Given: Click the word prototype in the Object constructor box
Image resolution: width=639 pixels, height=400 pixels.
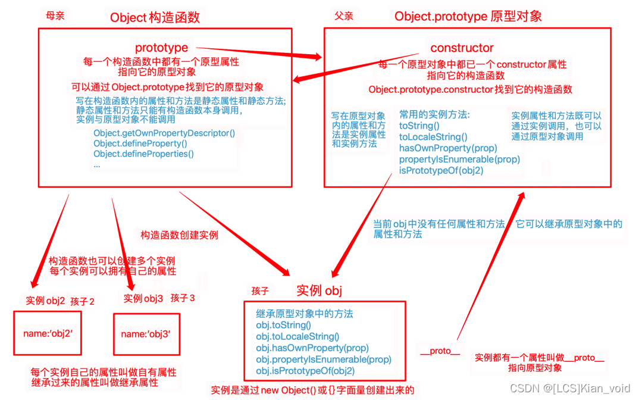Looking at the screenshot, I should [161, 48].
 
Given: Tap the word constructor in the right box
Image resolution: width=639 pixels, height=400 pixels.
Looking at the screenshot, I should [462, 48].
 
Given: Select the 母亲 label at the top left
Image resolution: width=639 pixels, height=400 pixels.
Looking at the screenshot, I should [55, 16].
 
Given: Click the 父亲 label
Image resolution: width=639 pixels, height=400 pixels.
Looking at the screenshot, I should [343, 16].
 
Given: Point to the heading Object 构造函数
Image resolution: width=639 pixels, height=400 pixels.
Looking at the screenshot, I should [155, 17].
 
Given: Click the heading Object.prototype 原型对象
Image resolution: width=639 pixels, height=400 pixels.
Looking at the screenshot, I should [468, 16].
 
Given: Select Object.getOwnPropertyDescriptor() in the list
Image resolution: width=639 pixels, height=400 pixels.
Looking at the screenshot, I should [164, 133].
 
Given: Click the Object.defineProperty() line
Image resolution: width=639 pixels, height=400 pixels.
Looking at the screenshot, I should [140, 143].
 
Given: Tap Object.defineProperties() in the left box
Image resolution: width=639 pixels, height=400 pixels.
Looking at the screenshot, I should [143, 154].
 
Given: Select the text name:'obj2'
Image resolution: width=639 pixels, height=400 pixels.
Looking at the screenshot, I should [48, 334].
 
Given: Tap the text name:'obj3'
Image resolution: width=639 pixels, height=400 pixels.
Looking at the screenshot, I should [146, 335].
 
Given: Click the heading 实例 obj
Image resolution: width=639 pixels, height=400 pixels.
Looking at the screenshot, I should [319, 290].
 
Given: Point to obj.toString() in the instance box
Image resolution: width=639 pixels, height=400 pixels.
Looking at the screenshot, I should [283, 325].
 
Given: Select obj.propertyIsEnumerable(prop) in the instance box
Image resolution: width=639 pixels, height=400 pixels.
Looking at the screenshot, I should [324, 360].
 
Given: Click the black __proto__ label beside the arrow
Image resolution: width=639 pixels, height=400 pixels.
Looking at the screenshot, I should [440, 351].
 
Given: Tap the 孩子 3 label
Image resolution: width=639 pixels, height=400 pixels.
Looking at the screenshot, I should [182, 298].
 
